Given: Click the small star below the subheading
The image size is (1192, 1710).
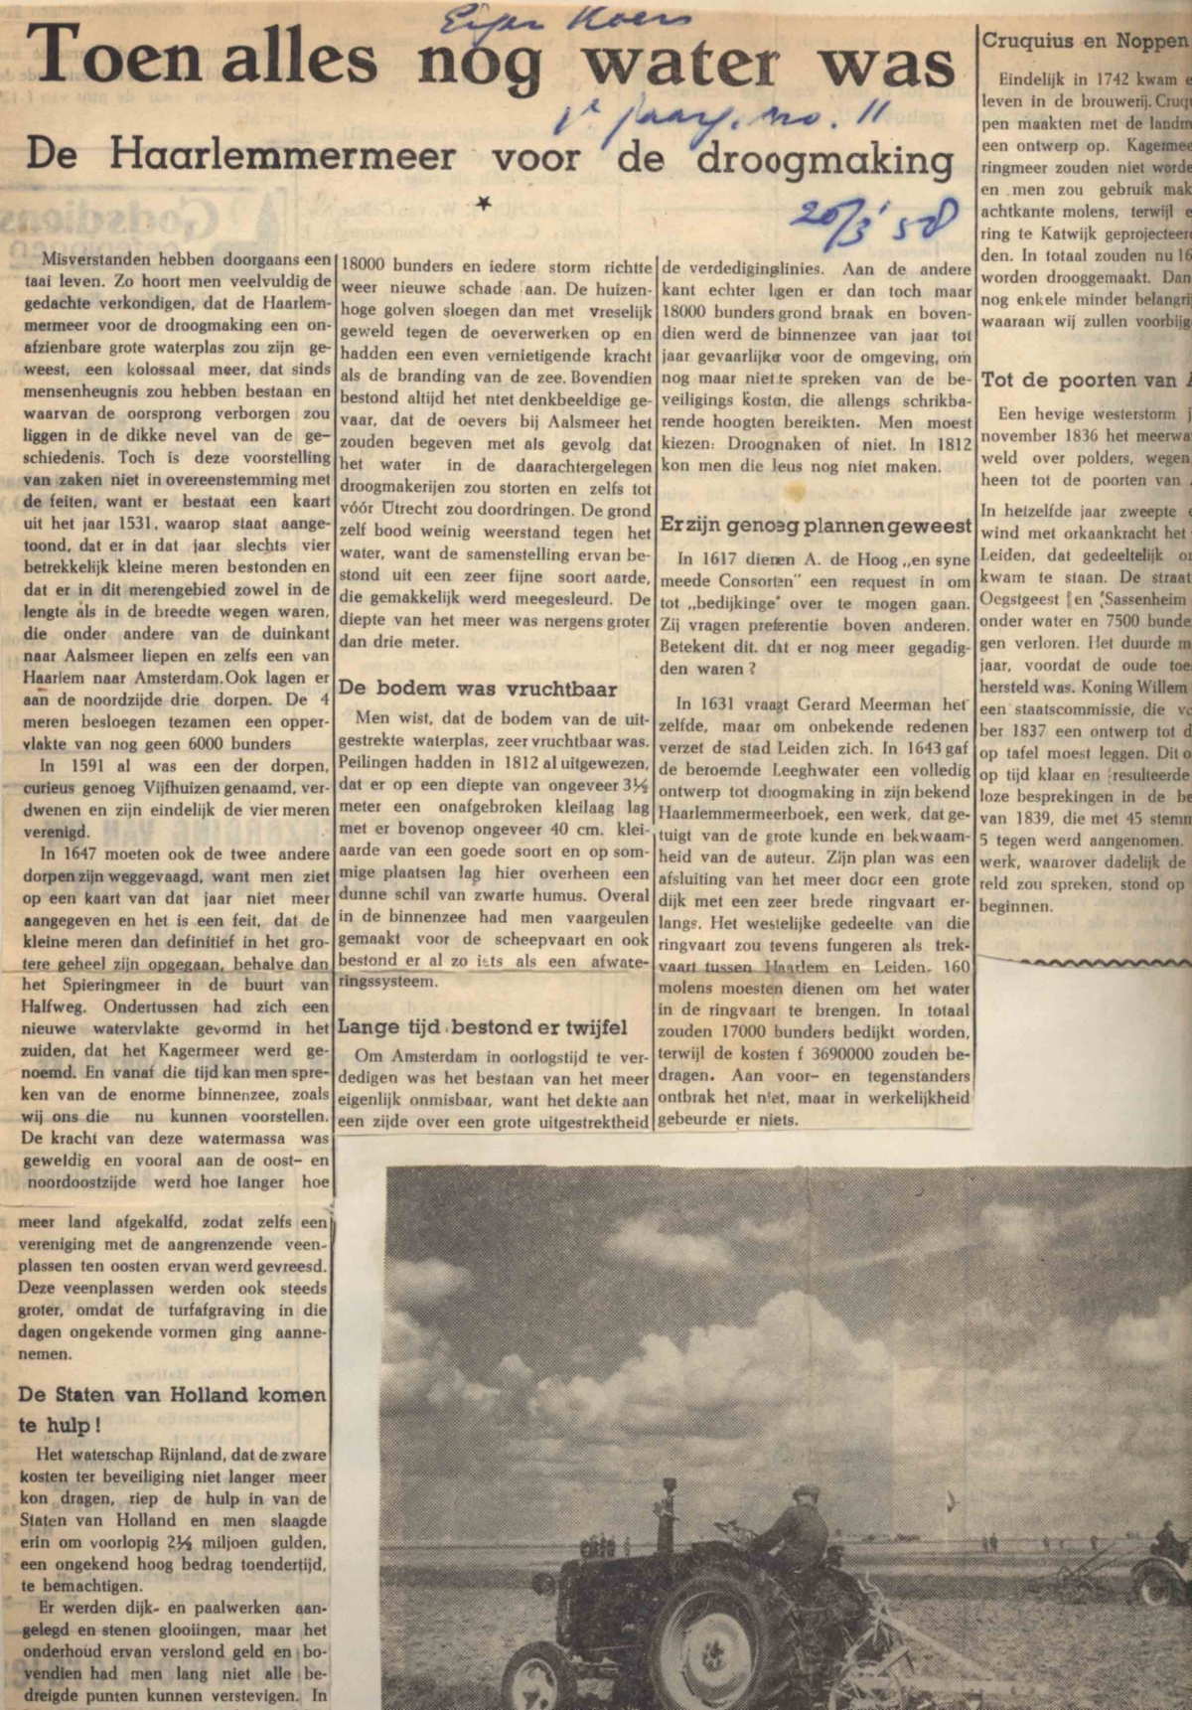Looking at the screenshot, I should click(484, 204).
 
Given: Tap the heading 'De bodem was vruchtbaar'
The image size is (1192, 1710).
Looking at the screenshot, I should click(478, 688).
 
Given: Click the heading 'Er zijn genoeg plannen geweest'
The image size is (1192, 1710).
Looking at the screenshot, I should click(816, 526).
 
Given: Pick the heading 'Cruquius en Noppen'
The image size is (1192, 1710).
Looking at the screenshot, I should click(1085, 41).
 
